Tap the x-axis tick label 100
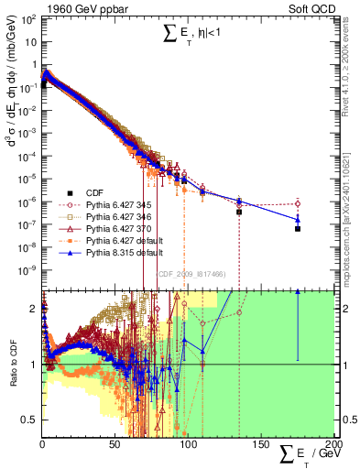click(188, 446)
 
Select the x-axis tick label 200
click(333, 446)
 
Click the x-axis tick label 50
click(115, 446)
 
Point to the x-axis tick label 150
click(260, 446)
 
